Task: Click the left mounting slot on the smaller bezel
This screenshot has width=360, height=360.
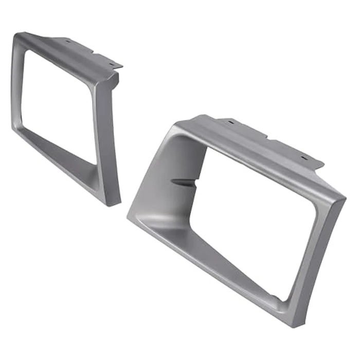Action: [x=67, y=40]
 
